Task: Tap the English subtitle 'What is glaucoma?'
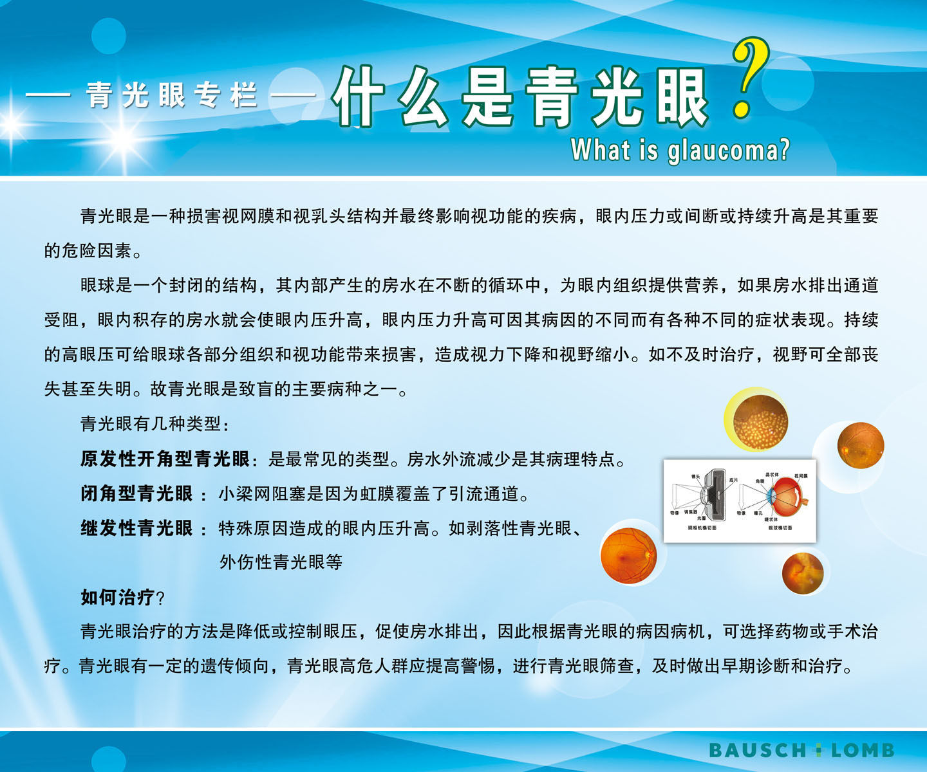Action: [x=680, y=151]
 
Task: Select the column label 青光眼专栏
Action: [x=171, y=96]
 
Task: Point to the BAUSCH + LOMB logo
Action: [x=801, y=750]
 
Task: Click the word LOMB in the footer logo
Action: [x=863, y=750]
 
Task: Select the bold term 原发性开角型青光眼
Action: [x=165, y=459]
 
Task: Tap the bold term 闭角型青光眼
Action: [x=136, y=493]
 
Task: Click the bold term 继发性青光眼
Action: [x=136, y=528]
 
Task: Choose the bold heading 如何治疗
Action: [x=117, y=597]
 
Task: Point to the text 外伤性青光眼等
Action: [x=281, y=562]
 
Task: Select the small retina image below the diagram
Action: [x=802, y=573]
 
